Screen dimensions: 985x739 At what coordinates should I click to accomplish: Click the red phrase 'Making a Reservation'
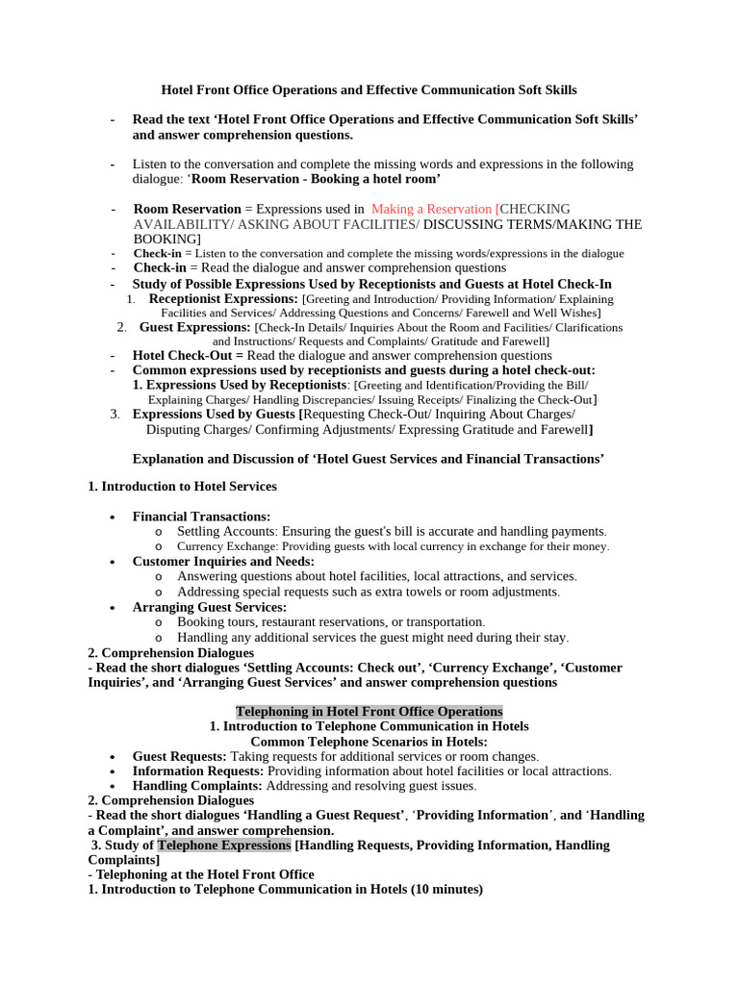(431, 209)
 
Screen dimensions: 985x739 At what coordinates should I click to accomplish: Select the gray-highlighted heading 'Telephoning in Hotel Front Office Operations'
(369, 711)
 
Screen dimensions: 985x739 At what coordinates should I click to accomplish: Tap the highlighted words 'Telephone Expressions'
(224, 845)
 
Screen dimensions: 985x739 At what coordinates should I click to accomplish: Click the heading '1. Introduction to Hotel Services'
(182, 486)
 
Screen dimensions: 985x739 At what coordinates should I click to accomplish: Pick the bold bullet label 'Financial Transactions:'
(201, 517)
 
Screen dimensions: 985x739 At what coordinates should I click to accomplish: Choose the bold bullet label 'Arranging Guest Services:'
(209, 607)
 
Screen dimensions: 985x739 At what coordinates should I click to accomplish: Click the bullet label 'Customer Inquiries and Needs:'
(223, 561)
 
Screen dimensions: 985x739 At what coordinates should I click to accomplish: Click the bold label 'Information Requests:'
(197, 770)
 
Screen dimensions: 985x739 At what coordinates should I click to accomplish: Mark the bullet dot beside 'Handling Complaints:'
(113, 786)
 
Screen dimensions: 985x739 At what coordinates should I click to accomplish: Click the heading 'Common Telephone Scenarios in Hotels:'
(369, 742)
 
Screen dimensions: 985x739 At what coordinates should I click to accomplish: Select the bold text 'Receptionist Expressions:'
(223, 299)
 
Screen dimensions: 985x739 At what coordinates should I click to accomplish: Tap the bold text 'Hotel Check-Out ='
(188, 355)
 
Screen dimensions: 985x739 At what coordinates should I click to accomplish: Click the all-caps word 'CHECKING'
(535, 209)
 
